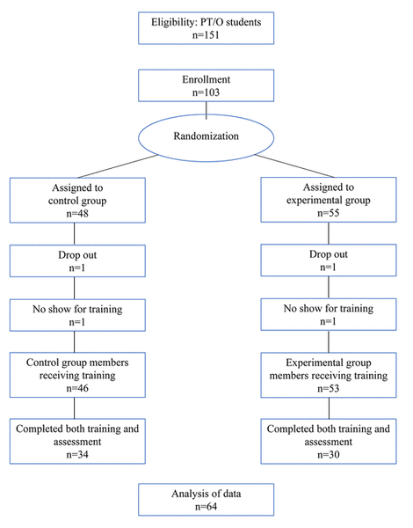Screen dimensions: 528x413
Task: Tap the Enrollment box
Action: (206, 85)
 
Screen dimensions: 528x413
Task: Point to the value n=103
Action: (206, 93)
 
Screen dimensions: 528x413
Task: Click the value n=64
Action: (206, 506)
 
